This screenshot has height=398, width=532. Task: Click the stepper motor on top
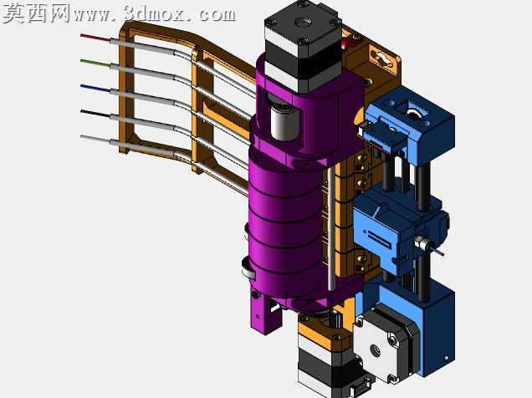[x=303, y=46]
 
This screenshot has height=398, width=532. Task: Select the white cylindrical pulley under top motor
[x=284, y=120]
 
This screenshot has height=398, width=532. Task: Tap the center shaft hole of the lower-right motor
[x=375, y=350]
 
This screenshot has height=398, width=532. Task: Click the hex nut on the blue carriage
[x=419, y=242]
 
